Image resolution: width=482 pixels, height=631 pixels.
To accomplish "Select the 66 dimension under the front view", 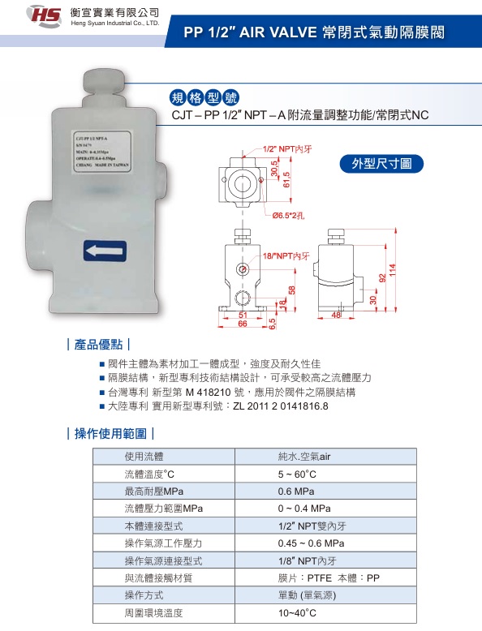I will tap(242, 324).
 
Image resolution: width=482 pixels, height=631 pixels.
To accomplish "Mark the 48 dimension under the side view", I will tap(337, 315).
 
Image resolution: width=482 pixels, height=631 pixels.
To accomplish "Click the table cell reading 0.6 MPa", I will tap(296, 491).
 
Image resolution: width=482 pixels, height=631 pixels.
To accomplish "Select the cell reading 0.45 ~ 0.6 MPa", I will tap(312, 543).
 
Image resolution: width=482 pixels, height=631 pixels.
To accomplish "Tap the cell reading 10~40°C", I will tap(297, 613).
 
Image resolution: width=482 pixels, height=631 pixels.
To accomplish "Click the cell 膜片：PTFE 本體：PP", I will tap(329, 577).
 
